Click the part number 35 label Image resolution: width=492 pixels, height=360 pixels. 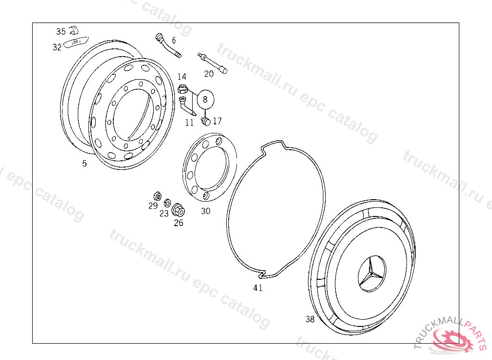click(x=61, y=31)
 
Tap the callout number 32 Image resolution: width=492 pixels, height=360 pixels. click(x=57, y=47)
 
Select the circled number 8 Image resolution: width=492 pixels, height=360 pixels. click(x=205, y=99)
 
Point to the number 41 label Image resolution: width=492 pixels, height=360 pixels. click(x=258, y=288)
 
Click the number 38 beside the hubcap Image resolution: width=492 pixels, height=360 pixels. click(x=310, y=319)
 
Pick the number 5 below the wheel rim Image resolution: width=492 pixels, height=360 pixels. click(x=85, y=163)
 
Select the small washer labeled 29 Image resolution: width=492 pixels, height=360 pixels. click(x=158, y=196)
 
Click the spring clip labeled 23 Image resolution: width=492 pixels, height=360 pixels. click(x=167, y=203)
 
